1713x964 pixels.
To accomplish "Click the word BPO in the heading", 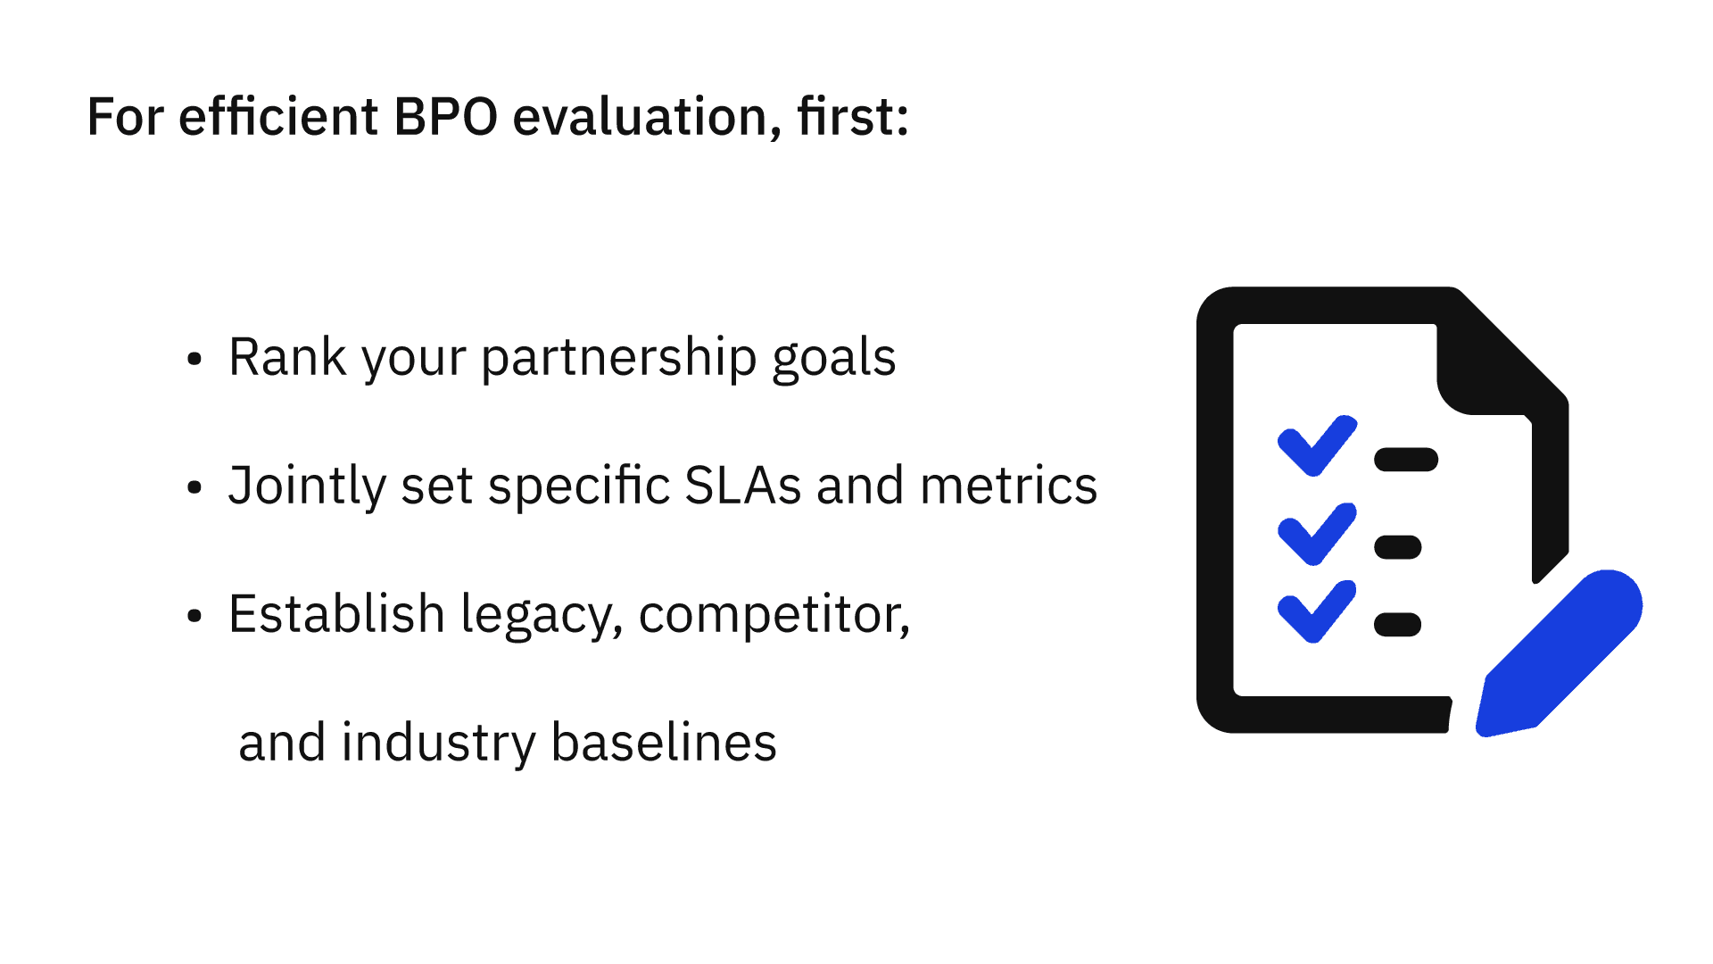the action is click(x=445, y=117).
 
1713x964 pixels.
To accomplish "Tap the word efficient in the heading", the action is click(x=278, y=116).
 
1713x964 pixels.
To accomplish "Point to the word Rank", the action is click(x=287, y=357).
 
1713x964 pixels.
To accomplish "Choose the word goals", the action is click(x=834, y=359).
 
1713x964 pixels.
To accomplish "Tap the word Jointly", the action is click(x=307, y=487).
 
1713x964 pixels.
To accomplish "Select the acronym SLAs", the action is click(x=742, y=486).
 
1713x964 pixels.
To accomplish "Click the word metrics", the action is click(x=1008, y=486).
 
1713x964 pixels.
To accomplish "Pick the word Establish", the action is click(x=337, y=614).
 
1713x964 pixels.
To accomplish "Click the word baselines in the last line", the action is click(x=664, y=743).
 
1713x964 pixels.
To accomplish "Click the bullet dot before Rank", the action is click(x=194, y=360).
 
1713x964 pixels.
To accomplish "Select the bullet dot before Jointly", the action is click(x=194, y=488).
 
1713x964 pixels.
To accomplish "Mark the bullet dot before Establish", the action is click(x=194, y=617).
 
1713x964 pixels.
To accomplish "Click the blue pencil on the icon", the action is click(x=1559, y=653).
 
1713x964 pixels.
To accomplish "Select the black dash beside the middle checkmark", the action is click(x=1398, y=547).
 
